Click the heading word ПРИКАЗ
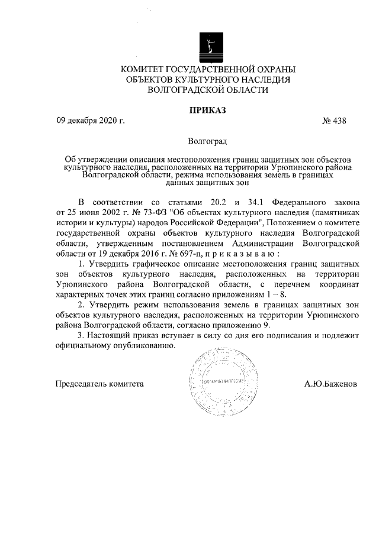coord(207,109)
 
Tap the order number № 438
coord(335,121)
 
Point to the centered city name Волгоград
coord(207,142)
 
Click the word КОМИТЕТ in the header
coord(144,70)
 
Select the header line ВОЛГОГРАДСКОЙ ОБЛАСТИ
coord(207,90)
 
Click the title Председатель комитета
coord(99,383)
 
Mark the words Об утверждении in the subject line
coord(91,160)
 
